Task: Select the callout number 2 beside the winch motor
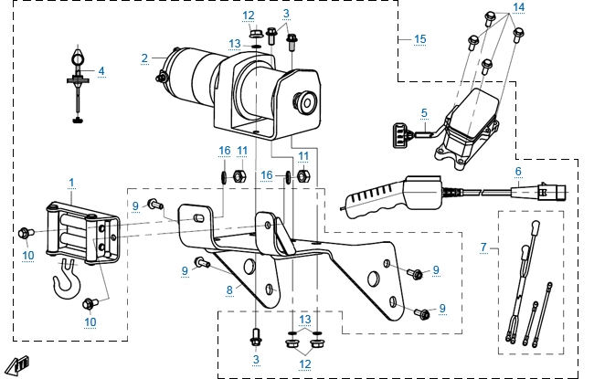[x=144, y=58]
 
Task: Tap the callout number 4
[x=101, y=70]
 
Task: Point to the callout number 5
[x=424, y=113]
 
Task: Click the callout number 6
[x=518, y=170]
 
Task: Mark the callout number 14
[x=519, y=6]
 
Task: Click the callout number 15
[x=420, y=39]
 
